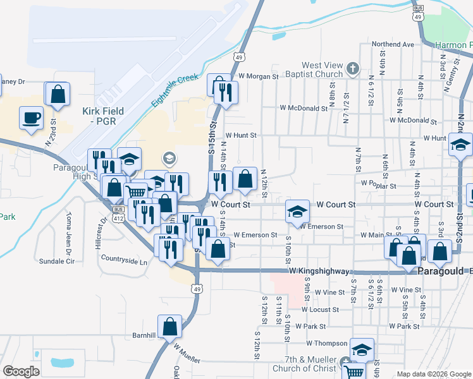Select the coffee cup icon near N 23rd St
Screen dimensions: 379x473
pos(31,117)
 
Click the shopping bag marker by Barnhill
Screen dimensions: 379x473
pos(169,327)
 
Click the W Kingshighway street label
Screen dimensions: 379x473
pos(319,271)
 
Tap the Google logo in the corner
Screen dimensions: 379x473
pos(21,371)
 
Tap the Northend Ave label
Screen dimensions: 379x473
pos(393,44)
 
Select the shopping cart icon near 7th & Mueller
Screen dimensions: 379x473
pos(355,372)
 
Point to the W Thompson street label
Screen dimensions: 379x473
pos(326,344)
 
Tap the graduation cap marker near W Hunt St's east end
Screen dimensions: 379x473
pos(460,145)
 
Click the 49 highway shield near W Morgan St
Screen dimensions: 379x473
pos(238,57)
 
